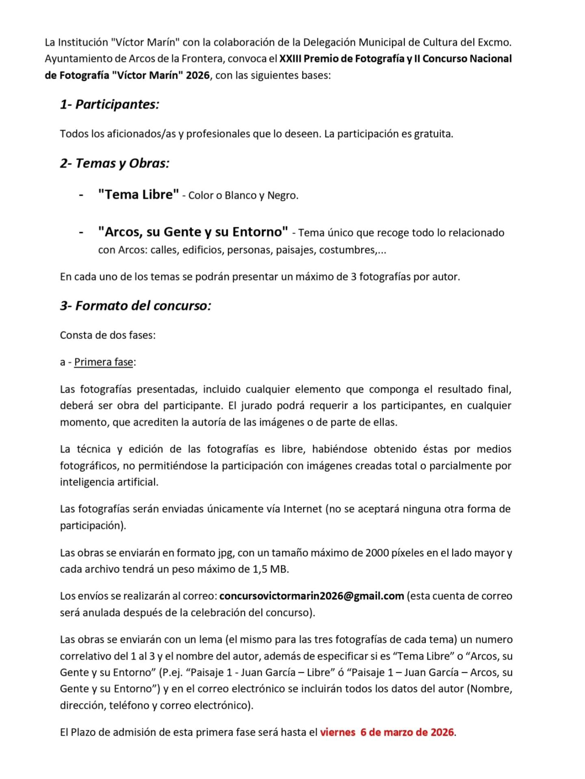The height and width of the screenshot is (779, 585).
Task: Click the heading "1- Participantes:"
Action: point(109,104)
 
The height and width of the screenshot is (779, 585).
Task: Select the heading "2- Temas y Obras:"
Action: point(115,163)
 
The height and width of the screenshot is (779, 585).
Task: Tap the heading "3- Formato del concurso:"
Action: point(136,306)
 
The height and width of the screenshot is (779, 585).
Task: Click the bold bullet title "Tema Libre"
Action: point(138,194)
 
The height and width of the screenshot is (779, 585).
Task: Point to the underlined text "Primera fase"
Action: point(104,362)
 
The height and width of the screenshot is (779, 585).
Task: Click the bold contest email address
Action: point(312,596)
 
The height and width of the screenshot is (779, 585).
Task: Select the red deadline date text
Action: point(387,732)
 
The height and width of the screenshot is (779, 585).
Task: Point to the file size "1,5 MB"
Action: point(270,569)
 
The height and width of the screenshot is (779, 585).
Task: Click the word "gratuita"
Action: point(433,134)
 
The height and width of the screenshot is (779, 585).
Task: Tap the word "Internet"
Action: point(303,509)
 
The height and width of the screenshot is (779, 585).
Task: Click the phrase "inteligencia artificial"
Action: point(108,482)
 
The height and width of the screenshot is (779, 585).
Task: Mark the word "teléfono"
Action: point(129,706)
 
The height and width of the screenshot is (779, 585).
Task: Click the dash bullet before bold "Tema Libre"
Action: point(81,195)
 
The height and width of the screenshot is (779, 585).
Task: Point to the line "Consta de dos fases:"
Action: point(108,335)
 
